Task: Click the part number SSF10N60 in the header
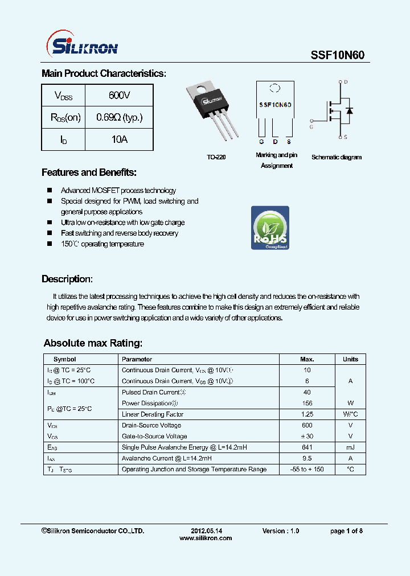point(337,55)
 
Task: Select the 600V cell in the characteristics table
point(119,95)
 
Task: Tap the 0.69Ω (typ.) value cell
point(119,117)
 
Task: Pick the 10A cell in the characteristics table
point(119,139)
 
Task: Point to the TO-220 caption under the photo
point(216,157)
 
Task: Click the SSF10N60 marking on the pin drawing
point(275,105)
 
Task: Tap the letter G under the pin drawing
point(261,141)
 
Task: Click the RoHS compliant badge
point(270,228)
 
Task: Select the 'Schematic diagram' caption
point(336,157)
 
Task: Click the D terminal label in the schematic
point(346,82)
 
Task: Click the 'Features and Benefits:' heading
point(89,172)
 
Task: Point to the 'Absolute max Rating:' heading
point(93,343)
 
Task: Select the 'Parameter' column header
point(137,359)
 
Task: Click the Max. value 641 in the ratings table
point(307,447)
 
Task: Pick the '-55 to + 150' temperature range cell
point(307,470)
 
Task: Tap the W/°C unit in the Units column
point(350,414)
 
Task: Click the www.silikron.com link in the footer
point(205,538)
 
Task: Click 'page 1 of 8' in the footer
point(346,531)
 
